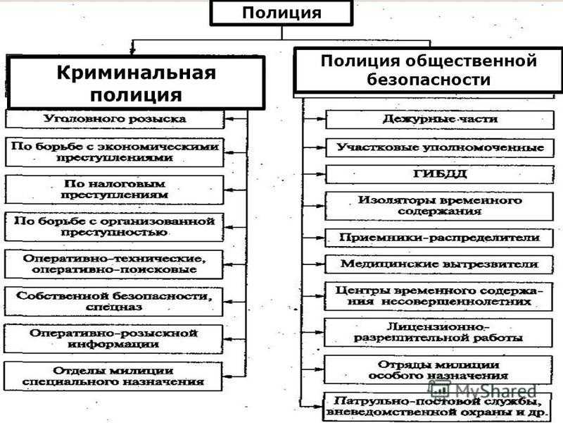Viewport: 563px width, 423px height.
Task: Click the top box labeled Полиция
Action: tap(281, 13)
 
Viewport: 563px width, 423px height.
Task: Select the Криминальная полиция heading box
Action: tap(136, 82)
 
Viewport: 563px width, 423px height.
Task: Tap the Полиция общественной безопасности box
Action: tap(429, 70)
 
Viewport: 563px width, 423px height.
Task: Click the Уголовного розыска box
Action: tap(115, 119)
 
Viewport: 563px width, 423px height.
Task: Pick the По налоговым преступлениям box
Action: tap(115, 190)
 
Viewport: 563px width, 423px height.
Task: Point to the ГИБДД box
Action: tap(439, 174)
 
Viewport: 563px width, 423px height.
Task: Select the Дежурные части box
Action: tap(439, 119)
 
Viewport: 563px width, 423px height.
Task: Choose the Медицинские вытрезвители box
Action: tap(438, 264)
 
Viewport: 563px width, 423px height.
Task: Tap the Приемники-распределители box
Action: tap(438, 238)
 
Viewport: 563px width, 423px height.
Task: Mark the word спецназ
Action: tap(114, 307)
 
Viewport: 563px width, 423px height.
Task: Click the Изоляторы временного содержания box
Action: tap(439, 206)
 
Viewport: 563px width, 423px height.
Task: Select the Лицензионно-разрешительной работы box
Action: tap(438, 333)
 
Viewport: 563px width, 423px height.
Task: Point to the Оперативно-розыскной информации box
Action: tap(113, 339)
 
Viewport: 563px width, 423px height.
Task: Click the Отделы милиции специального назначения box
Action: tap(113, 376)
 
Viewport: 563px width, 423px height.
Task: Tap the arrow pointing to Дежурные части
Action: tap(314, 118)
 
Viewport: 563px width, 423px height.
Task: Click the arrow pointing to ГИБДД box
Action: tap(314, 174)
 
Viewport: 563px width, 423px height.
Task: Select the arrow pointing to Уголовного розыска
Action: tap(236, 118)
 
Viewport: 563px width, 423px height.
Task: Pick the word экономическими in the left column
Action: tap(158, 147)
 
